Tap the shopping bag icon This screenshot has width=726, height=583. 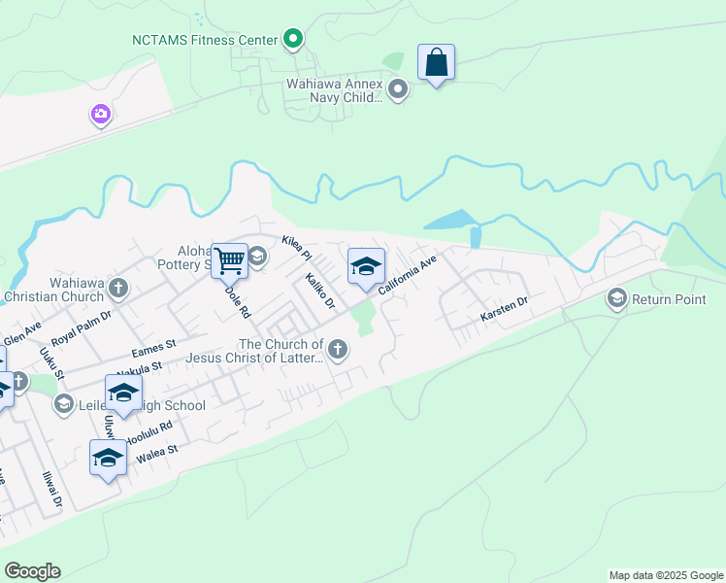pyautogui.click(x=437, y=63)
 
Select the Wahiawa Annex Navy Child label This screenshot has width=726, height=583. pyautogui.click(x=334, y=90)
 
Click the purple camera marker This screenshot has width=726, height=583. pyautogui.click(x=101, y=116)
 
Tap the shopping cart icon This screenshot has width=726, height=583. pyautogui.click(x=230, y=260)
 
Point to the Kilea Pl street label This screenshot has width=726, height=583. pyautogui.click(x=295, y=248)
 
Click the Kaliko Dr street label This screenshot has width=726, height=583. pyautogui.click(x=319, y=291)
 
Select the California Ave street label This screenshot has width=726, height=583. pyautogui.click(x=409, y=275)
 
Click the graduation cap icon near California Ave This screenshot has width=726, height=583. pyautogui.click(x=366, y=266)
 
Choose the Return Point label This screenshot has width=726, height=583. pyautogui.click(x=669, y=298)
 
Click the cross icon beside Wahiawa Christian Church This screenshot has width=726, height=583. pyautogui.click(x=118, y=288)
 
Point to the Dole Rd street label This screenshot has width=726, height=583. pyautogui.click(x=238, y=302)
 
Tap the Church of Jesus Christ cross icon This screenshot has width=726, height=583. pyautogui.click(x=338, y=350)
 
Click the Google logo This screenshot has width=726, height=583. pyautogui.click(x=32, y=571)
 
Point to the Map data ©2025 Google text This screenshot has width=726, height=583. pyautogui.click(x=665, y=575)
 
